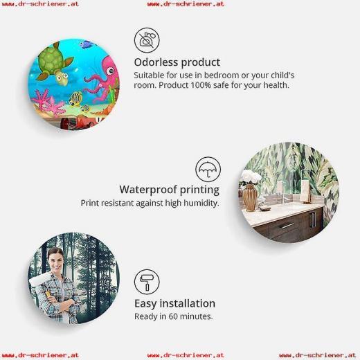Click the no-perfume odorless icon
pos(147,40)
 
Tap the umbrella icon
pos(208,170)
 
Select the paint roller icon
pos(147,282)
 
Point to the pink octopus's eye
pos(111,71)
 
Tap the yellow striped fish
pos(75,98)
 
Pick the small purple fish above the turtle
pos(86,44)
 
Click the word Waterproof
pos(148,190)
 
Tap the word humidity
pos(201,204)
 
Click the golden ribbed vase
pos(249,197)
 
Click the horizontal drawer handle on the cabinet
pos(286,226)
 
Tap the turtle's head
pos(61,76)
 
